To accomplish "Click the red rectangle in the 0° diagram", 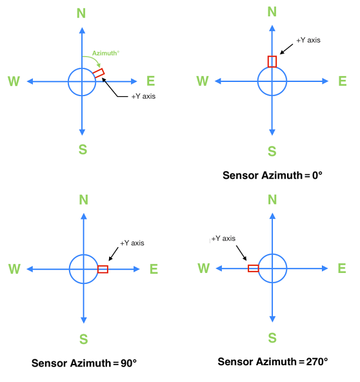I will (272, 61).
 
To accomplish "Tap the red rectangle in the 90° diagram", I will (103, 269).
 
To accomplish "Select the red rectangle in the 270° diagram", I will (254, 268).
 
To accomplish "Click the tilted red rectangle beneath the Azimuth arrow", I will (99, 74).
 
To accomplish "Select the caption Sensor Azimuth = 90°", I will (85, 363).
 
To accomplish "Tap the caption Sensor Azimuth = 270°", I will (273, 361).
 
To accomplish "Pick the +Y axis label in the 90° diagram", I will (132, 243).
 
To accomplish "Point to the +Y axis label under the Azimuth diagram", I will (143, 96).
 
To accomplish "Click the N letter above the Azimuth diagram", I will (81, 13).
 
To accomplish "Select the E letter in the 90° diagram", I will (154, 269).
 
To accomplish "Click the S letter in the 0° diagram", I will (272, 152).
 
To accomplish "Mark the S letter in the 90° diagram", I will (83, 340).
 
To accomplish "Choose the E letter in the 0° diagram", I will (343, 81).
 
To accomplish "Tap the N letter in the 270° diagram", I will (272, 200).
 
